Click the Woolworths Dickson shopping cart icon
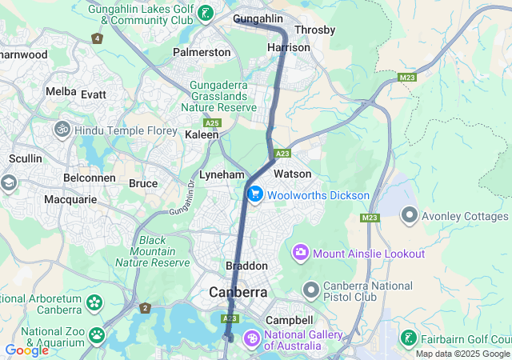click(255, 194)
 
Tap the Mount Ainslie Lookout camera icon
click(301, 254)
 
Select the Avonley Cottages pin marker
click(410, 216)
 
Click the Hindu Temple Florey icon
click(62, 130)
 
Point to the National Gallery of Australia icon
click(252, 340)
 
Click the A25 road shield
click(212, 123)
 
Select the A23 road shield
click(282, 153)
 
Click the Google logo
click(26, 350)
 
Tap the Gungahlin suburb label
click(258, 18)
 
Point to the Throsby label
click(314, 30)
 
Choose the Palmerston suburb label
click(202, 52)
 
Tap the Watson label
click(292, 174)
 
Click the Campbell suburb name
click(289, 320)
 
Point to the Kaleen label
click(202, 135)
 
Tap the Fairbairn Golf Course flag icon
click(408, 338)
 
